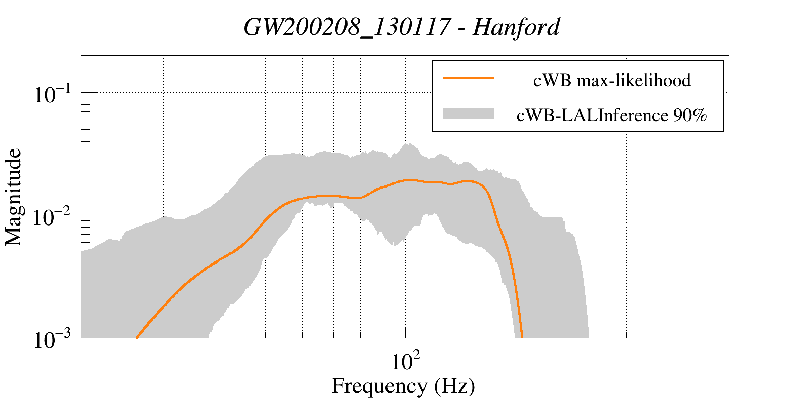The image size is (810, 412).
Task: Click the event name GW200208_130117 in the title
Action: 346,27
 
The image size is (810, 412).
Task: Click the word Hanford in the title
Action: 516,27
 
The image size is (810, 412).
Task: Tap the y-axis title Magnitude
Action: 14,197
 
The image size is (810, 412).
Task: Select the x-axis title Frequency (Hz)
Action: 403,386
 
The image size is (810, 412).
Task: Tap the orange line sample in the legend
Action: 469,78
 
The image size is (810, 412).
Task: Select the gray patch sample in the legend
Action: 469,114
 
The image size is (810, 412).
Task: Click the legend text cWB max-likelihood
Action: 612,80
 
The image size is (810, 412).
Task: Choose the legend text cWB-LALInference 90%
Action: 611,116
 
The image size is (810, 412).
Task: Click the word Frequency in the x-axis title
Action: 379,386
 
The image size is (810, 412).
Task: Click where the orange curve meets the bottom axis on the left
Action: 137,336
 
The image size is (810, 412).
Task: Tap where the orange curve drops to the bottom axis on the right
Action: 522,336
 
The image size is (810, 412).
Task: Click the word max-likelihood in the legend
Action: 634,80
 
